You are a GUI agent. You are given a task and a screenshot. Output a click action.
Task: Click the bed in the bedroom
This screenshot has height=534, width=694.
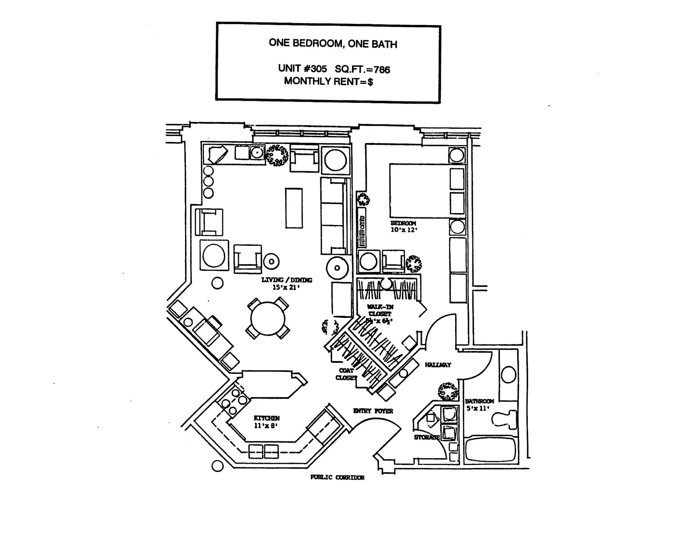(x=419, y=191)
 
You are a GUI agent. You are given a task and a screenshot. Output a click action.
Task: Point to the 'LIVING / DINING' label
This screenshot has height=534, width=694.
(x=287, y=280)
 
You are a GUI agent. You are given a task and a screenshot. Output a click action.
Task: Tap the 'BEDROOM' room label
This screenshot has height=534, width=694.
(x=403, y=223)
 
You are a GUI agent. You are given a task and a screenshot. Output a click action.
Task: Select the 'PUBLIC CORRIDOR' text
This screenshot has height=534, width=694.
(x=337, y=477)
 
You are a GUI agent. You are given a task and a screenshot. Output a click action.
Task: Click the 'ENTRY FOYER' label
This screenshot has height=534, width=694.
(x=373, y=411)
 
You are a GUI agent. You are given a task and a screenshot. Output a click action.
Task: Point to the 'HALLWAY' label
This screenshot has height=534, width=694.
(x=438, y=365)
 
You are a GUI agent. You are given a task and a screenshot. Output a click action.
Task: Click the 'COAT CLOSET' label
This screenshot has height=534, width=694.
(x=346, y=374)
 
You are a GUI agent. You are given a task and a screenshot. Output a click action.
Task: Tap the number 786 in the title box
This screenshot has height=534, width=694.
(x=382, y=69)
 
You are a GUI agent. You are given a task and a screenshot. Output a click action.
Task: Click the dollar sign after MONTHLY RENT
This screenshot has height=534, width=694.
(x=370, y=82)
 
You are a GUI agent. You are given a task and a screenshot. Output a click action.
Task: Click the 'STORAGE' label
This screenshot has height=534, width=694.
(x=427, y=437)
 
